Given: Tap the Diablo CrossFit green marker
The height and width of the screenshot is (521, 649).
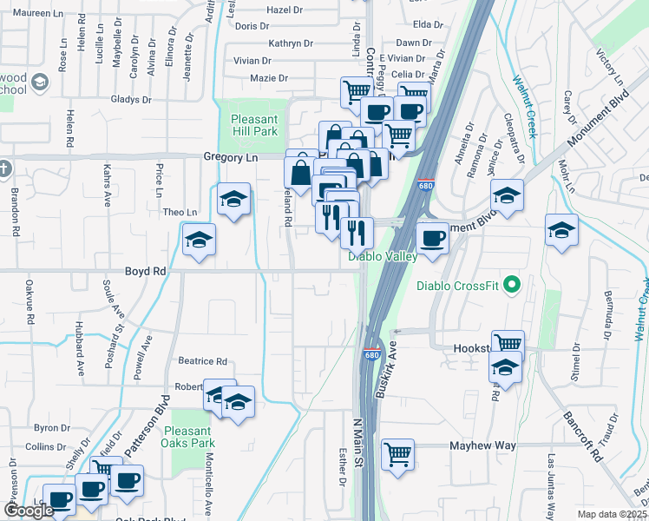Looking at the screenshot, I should pos(512,284).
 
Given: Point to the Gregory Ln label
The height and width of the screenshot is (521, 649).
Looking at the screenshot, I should pos(231,157).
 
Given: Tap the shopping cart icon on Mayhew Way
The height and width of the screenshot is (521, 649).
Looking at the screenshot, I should pos(397,454).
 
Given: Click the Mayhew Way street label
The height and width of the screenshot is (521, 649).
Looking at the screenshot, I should pos(482,445).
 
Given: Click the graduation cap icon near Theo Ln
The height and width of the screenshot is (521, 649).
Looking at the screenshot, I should pos(233,200).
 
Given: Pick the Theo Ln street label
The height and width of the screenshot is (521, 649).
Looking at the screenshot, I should pos(180,212).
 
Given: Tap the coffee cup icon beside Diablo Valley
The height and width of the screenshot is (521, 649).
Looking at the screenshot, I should pos(432,237).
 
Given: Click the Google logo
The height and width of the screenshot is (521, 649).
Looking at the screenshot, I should pos(29,511).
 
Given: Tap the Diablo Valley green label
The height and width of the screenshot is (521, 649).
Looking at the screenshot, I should pos(383,256).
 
